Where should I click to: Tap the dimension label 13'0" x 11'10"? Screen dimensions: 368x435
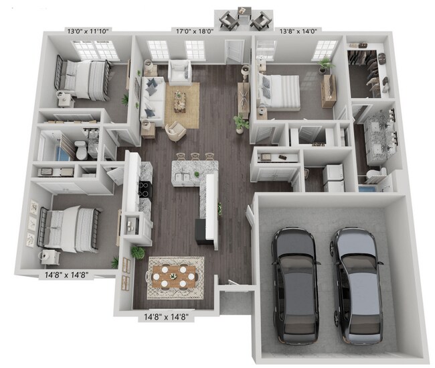click(89, 31)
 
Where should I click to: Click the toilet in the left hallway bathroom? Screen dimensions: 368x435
click(80, 150)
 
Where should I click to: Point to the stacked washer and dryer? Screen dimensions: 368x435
click(333, 177)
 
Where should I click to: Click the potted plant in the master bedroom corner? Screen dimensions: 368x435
click(326, 64)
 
